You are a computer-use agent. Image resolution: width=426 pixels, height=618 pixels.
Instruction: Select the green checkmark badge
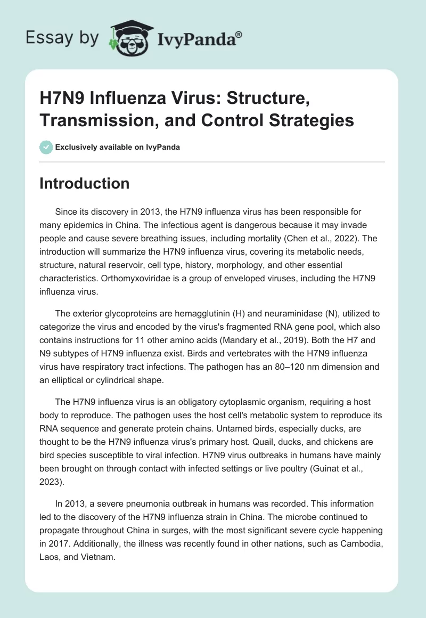pos(46,147)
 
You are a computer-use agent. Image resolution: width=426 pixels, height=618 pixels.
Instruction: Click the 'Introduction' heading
pos(85,184)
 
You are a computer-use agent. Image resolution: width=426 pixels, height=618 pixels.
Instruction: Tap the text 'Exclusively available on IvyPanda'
pos(117,148)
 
